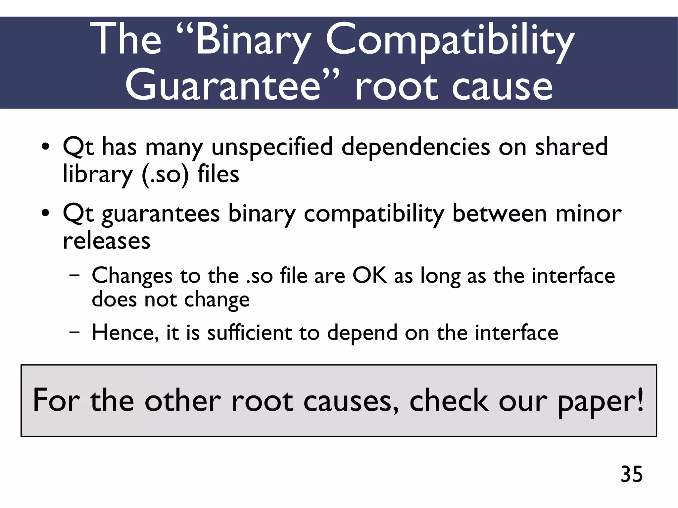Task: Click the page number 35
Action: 632,474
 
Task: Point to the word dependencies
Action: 415,147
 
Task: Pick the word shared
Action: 571,147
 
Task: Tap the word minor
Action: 588,213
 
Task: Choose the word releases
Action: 107,241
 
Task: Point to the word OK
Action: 370,275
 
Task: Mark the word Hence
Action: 125,333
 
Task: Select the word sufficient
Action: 250,332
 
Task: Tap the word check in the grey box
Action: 449,400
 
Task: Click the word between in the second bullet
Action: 499,213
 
